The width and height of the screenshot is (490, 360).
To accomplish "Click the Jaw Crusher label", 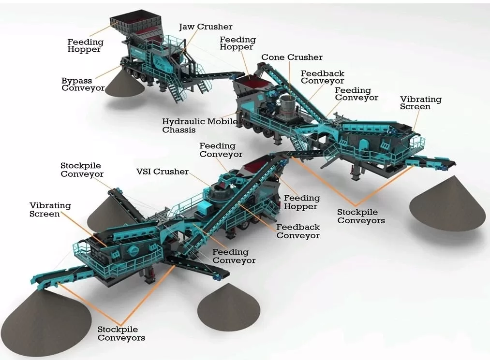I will pyautogui.click(x=206, y=27).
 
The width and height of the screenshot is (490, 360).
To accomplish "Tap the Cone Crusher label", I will pyautogui.click(x=292, y=58).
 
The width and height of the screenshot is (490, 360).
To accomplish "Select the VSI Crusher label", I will pyautogui.click(x=163, y=172).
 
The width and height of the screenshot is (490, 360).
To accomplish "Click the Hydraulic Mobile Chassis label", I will pyautogui.click(x=200, y=126).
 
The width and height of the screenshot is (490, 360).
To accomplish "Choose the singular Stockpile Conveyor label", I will pyautogui.click(x=82, y=170).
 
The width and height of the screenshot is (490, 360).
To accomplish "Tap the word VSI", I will pyautogui.click(x=145, y=172).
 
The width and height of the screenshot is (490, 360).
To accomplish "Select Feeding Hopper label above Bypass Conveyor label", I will pyautogui.click(x=85, y=46).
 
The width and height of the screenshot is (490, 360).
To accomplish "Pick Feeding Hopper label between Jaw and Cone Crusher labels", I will pyautogui.click(x=237, y=43).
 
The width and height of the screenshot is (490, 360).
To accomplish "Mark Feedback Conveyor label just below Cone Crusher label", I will pyautogui.click(x=322, y=77).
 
